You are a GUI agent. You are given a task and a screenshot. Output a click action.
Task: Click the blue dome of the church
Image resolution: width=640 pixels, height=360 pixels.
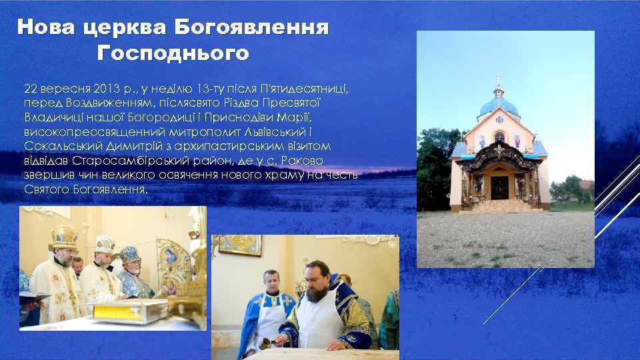tap(499, 105)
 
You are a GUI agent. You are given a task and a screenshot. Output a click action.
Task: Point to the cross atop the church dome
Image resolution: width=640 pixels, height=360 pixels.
tap(499, 80)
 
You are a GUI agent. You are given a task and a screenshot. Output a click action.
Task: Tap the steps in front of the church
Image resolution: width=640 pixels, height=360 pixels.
tap(499, 205)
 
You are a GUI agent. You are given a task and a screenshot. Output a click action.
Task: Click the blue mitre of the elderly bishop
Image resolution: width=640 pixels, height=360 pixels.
tap(128, 255)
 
